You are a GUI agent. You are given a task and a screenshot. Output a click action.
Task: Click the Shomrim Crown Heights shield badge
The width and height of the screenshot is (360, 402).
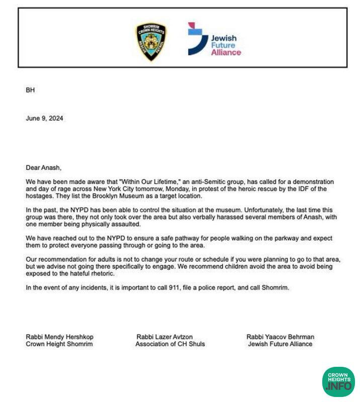tap(151, 42)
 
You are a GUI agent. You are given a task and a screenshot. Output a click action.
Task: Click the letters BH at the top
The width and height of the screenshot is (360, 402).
tap(30, 90)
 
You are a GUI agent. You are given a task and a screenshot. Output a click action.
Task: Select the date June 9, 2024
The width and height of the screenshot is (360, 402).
tap(44, 119)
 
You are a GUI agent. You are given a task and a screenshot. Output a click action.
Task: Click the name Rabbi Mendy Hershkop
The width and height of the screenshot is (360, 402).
tap(59, 337)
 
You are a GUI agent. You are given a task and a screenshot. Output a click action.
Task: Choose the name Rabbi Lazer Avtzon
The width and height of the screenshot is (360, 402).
tap(164, 337)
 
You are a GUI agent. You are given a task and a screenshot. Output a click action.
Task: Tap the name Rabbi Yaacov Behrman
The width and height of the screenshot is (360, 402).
tap(280, 337)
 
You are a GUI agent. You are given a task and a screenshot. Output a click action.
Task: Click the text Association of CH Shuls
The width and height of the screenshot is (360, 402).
tap(170, 344)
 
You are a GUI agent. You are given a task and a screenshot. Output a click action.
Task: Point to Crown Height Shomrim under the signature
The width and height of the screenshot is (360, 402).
tap(59, 344)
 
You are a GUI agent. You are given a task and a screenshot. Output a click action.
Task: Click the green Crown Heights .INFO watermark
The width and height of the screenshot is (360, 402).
tap(338, 381)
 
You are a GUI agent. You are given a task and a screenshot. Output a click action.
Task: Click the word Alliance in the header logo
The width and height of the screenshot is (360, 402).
tap(226, 52)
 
